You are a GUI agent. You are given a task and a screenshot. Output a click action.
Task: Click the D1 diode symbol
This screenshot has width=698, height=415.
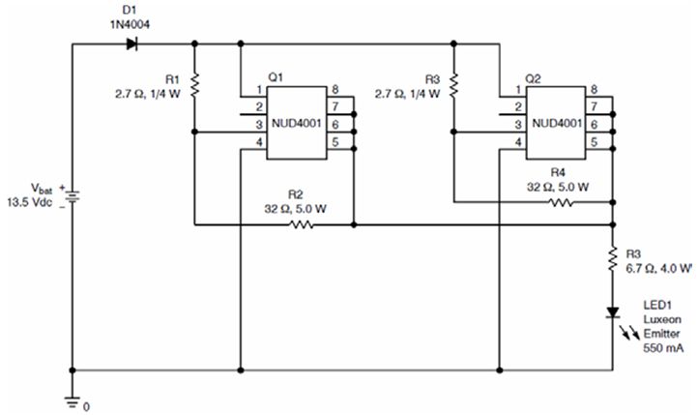[131, 44]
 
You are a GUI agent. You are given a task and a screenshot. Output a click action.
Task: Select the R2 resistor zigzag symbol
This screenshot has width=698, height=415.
[301, 224]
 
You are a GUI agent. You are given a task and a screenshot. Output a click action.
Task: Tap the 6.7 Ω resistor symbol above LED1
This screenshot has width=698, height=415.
[613, 258]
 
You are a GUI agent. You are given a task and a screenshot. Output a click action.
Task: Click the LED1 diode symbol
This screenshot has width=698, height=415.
[613, 312]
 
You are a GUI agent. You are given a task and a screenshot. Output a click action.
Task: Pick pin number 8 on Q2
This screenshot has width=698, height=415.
[594, 91]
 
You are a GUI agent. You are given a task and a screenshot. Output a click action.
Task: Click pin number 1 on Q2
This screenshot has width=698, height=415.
[517, 91]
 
